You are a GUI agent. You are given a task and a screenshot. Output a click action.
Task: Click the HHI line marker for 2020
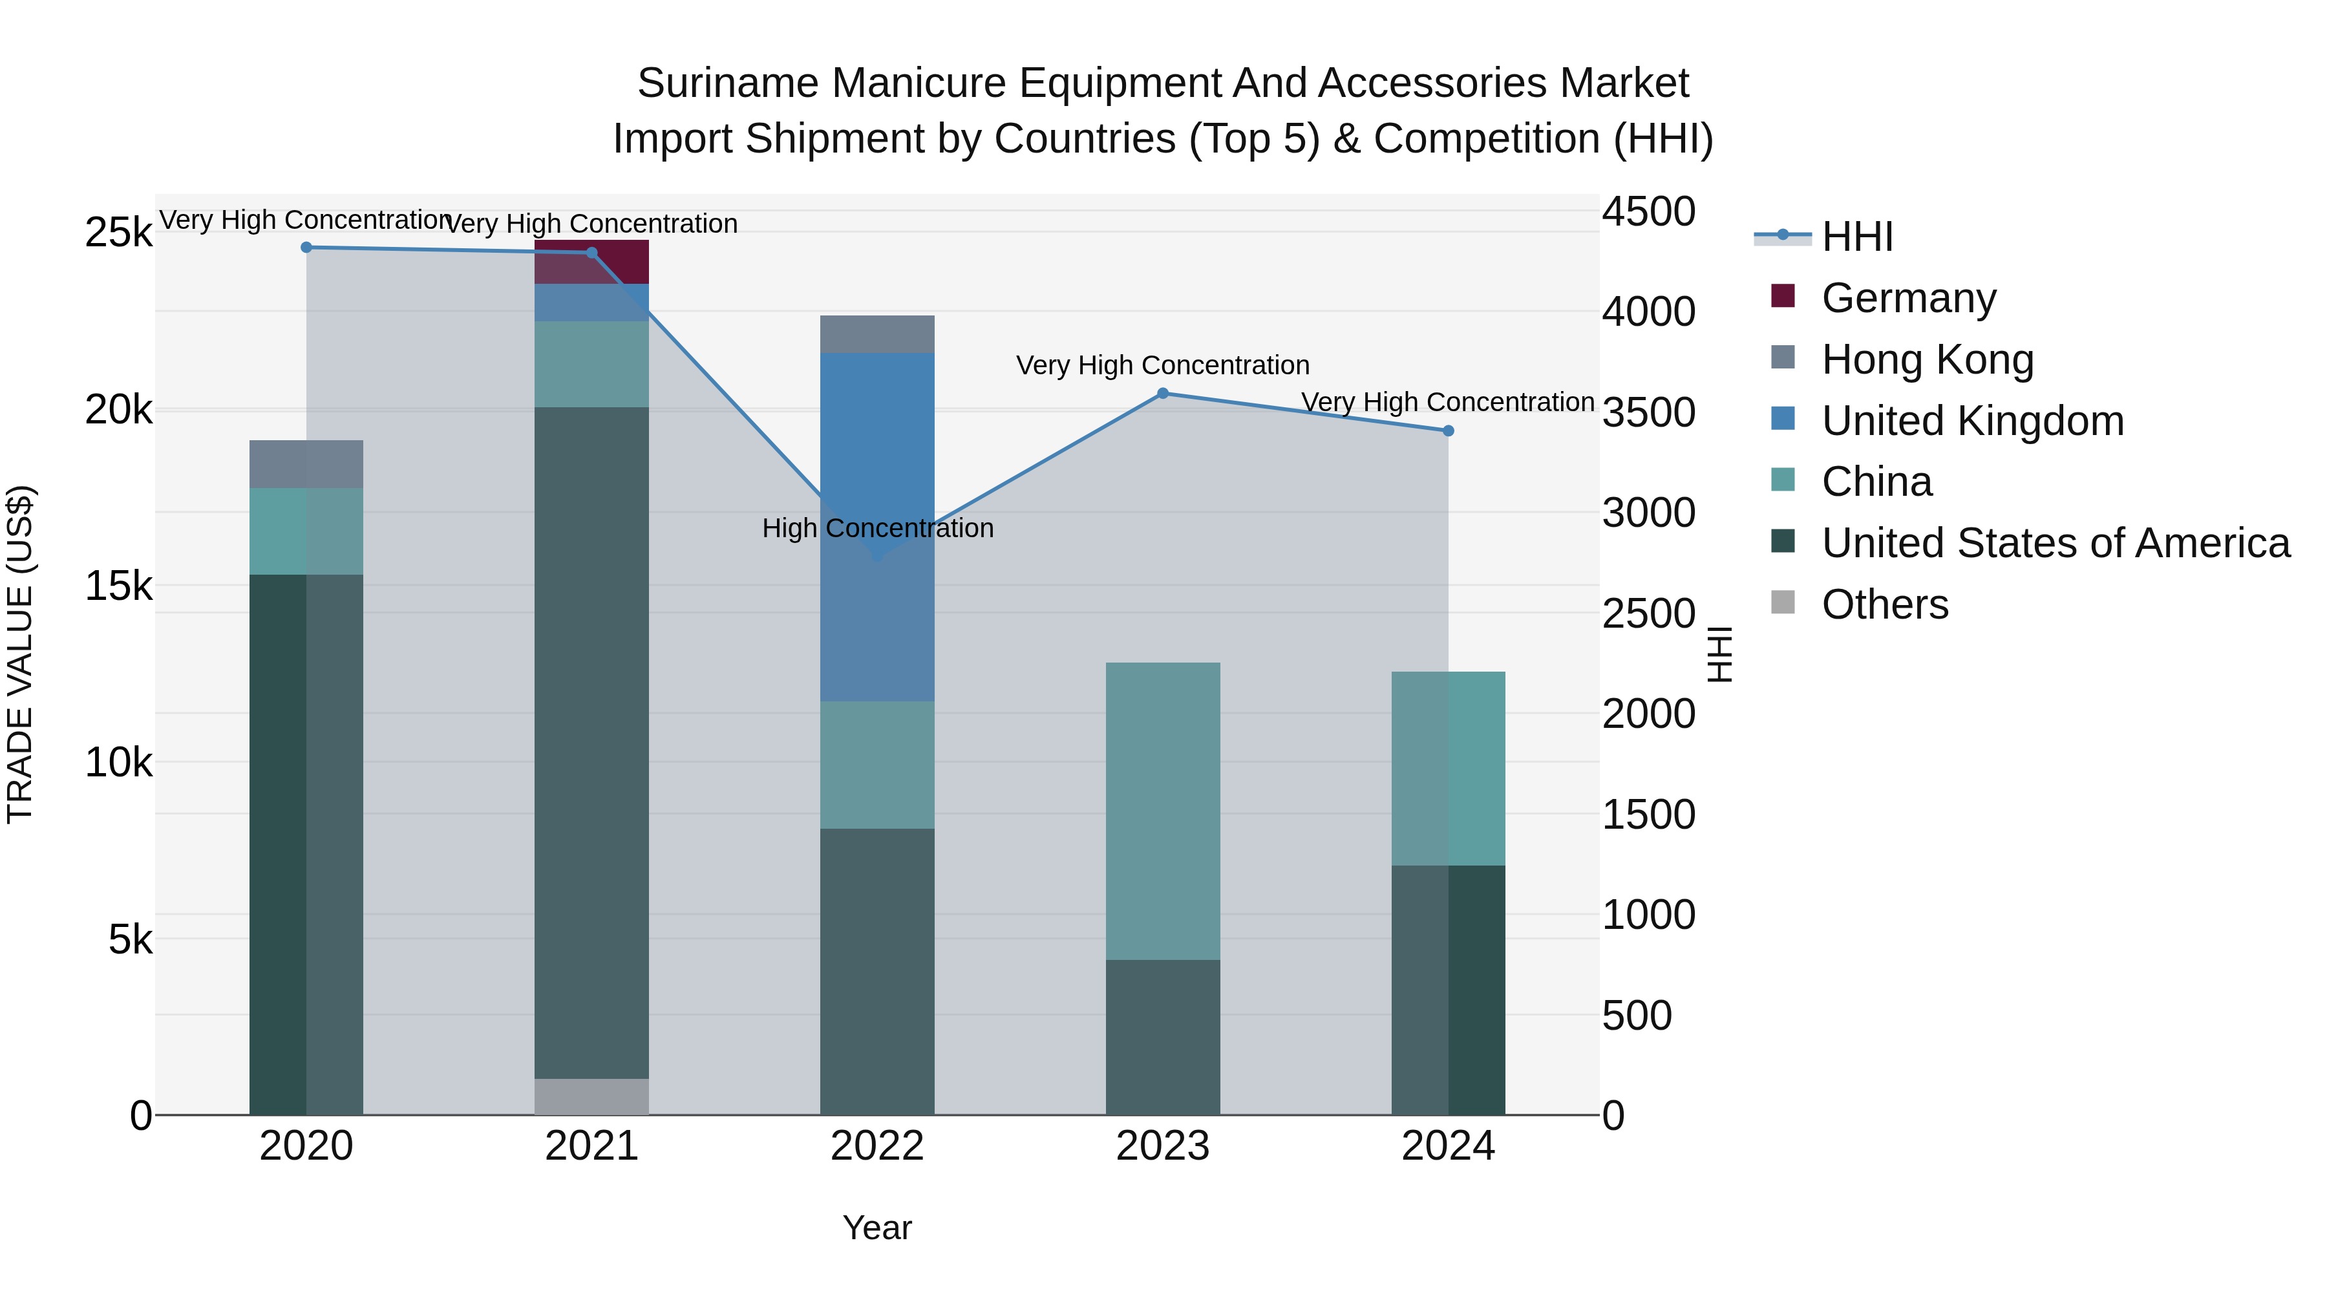pos(306,248)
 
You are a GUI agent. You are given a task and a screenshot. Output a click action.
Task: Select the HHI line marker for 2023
pos(1163,394)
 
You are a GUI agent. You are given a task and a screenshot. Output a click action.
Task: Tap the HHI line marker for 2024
pos(1448,431)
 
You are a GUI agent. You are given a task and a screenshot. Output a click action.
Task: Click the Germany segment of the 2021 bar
pos(591,262)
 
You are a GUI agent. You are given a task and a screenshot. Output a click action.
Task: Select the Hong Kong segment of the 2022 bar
pos(877,334)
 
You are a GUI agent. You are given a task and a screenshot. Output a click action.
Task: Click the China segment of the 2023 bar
pos(1163,811)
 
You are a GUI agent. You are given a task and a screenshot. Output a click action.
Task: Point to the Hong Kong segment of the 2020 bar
pos(306,464)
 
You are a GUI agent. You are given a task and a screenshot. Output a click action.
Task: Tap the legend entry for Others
pos(1884,604)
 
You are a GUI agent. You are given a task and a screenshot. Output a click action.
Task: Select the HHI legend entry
pos(1856,237)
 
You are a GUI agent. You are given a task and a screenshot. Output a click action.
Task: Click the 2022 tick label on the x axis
pos(877,1146)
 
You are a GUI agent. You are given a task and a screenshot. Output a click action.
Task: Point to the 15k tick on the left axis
pos(118,586)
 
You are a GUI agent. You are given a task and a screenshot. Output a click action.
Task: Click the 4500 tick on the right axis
pos(1648,212)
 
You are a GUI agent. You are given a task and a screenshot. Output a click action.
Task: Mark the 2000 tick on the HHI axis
pos(1648,714)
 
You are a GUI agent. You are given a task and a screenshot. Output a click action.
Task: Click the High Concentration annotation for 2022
pos(877,529)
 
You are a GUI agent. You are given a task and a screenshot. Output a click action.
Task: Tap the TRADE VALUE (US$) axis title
pos(21,654)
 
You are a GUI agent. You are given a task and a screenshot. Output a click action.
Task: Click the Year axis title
pos(877,1228)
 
